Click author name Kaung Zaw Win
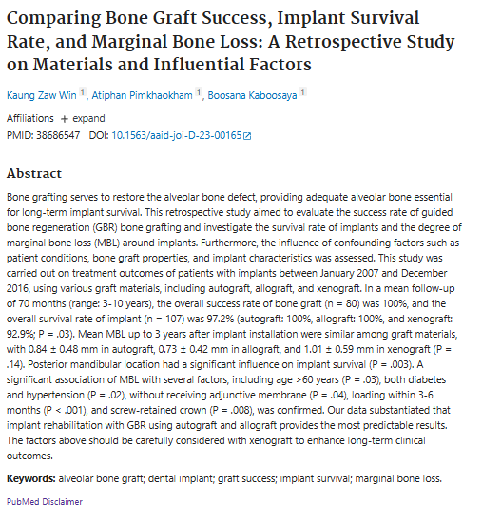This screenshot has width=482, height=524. (42, 95)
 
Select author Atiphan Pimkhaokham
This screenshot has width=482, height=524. (142, 95)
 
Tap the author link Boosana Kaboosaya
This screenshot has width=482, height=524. (252, 95)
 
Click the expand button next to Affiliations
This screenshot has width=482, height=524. (83, 118)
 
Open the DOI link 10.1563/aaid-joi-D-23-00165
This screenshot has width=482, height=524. (177, 135)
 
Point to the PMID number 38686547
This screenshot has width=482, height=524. (58, 135)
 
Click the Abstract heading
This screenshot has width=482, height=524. (34, 173)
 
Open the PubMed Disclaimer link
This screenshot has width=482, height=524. (45, 501)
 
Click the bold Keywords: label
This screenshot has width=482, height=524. (31, 478)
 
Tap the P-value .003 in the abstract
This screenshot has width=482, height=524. (400, 364)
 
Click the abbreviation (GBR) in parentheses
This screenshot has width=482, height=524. (106, 227)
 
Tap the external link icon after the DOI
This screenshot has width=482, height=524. (247, 136)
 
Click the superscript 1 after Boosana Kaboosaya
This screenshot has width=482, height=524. (302, 92)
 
